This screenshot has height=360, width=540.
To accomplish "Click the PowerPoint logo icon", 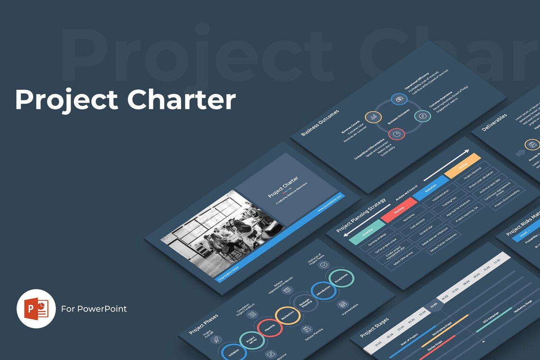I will pyautogui.click(x=36, y=309).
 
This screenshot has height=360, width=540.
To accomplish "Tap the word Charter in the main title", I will pyautogui.click(x=181, y=100).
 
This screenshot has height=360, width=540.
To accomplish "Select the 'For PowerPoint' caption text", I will pyautogui.click(x=94, y=309).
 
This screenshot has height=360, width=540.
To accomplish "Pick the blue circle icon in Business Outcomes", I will pyautogui.click(x=399, y=99).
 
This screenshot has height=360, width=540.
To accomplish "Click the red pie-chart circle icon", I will pyautogui.click(x=397, y=134).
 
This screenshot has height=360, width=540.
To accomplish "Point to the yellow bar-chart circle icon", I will pyautogui.click(x=373, y=117).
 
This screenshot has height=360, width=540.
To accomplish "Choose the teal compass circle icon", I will pyautogui.click(x=422, y=116).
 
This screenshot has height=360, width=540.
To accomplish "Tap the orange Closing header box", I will pyautogui.click(x=463, y=165).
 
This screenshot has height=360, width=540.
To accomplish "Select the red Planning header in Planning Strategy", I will pyautogui.click(x=399, y=210).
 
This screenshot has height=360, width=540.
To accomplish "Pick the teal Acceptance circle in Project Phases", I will pyautogui.click(x=342, y=279).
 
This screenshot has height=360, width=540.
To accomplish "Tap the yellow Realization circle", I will pyautogui.click(x=288, y=316).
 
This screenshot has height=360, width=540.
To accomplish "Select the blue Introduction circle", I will pyautogui.click(x=324, y=291).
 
